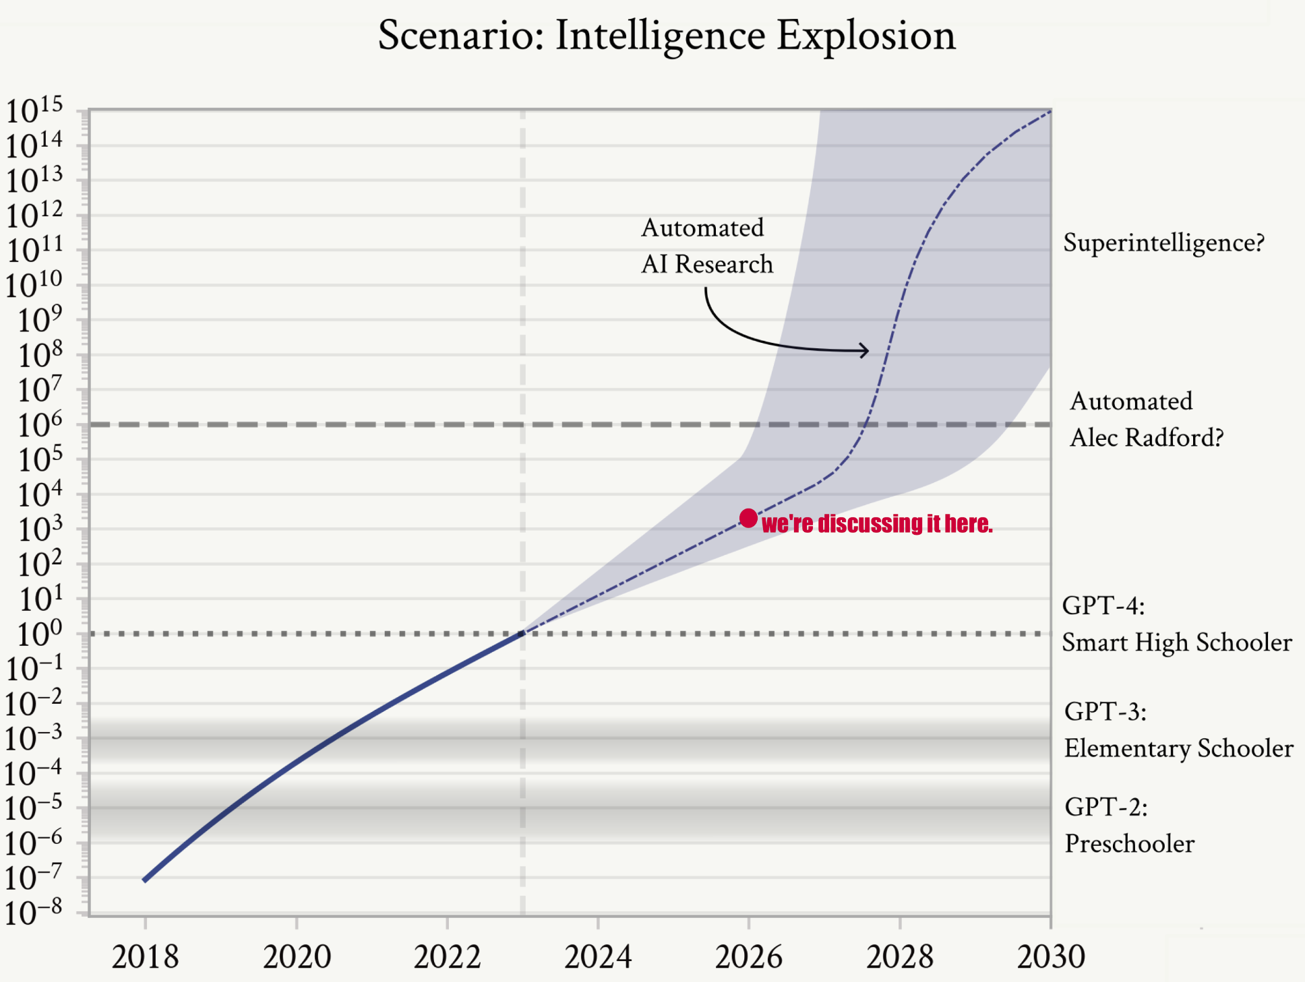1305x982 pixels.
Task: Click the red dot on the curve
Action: tap(748, 518)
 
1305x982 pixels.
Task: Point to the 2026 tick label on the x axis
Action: tap(748, 956)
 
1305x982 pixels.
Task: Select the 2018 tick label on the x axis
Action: tap(145, 956)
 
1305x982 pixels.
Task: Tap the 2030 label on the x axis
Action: tap(1050, 956)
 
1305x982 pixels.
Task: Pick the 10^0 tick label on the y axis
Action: tap(39, 634)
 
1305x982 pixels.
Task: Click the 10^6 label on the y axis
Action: tap(39, 425)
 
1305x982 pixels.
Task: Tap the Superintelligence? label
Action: tap(1163, 243)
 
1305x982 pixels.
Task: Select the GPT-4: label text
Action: tap(1103, 605)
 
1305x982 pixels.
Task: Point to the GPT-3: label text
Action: tap(1105, 711)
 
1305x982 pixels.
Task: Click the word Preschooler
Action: tap(1130, 843)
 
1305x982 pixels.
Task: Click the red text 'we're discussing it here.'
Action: tap(877, 523)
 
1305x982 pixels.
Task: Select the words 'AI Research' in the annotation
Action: tap(707, 265)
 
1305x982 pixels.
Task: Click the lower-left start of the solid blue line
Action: tap(145, 880)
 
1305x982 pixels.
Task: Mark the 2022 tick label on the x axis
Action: tap(447, 956)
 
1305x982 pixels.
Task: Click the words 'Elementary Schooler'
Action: tap(1178, 748)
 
